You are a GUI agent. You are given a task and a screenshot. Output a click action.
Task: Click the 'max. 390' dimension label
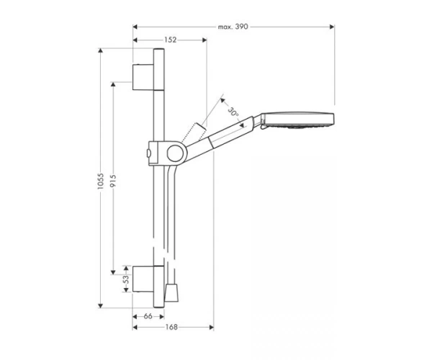[x=233, y=27]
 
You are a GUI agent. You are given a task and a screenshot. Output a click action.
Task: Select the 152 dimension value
[x=170, y=40]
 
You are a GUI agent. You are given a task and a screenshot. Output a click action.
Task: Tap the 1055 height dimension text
[x=100, y=181]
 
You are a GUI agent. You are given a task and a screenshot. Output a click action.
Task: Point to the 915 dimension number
[x=113, y=181]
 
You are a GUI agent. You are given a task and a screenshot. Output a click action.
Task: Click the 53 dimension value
[x=126, y=279]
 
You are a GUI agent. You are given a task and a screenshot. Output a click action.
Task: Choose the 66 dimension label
[x=148, y=317]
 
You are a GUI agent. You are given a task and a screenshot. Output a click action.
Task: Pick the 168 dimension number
[x=171, y=327]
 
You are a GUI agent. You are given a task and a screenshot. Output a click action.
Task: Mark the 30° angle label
[x=233, y=112]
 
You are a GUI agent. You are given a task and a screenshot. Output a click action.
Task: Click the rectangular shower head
[x=297, y=120]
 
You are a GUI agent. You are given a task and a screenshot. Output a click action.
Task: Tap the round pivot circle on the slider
[x=175, y=153]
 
